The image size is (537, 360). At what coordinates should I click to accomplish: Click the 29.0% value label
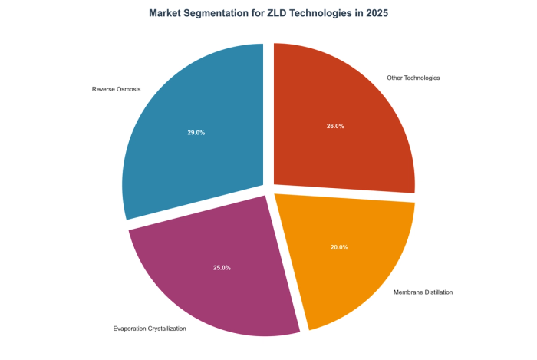(196, 132)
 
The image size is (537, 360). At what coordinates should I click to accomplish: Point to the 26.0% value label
(334, 125)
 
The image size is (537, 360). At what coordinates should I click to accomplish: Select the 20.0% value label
(339, 247)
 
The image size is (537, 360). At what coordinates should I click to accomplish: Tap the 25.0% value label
(222, 267)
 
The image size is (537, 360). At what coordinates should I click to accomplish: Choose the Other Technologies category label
(413, 78)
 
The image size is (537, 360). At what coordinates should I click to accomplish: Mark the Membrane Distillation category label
(423, 292)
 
